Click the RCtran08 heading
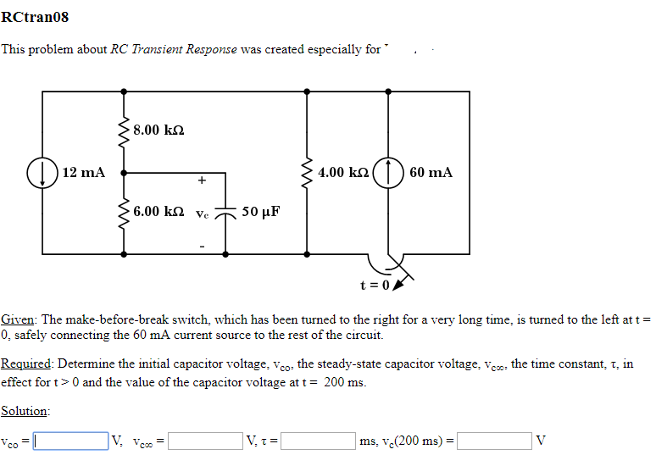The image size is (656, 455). coord(36,17)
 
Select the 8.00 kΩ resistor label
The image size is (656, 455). coord(158,130)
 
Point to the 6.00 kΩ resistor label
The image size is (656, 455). coord(158,210)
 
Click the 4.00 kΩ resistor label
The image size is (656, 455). coord(343,173)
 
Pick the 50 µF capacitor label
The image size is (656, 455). coord(262,210)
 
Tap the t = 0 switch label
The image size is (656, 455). coord(374,284)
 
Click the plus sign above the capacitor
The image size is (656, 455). coord(201,180)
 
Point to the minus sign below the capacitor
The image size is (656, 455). coord(201,246)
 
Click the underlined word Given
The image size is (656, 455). coord(18,319)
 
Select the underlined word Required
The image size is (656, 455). coord(26,363)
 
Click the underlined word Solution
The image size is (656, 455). coord(24,411)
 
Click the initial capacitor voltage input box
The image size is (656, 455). coord(70,441)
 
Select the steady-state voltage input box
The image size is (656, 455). coord(204,441)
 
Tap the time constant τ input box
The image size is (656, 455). coord(318,441)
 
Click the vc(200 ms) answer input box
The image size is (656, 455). coord(495,441)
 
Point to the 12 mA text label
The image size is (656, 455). coord(84,173)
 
